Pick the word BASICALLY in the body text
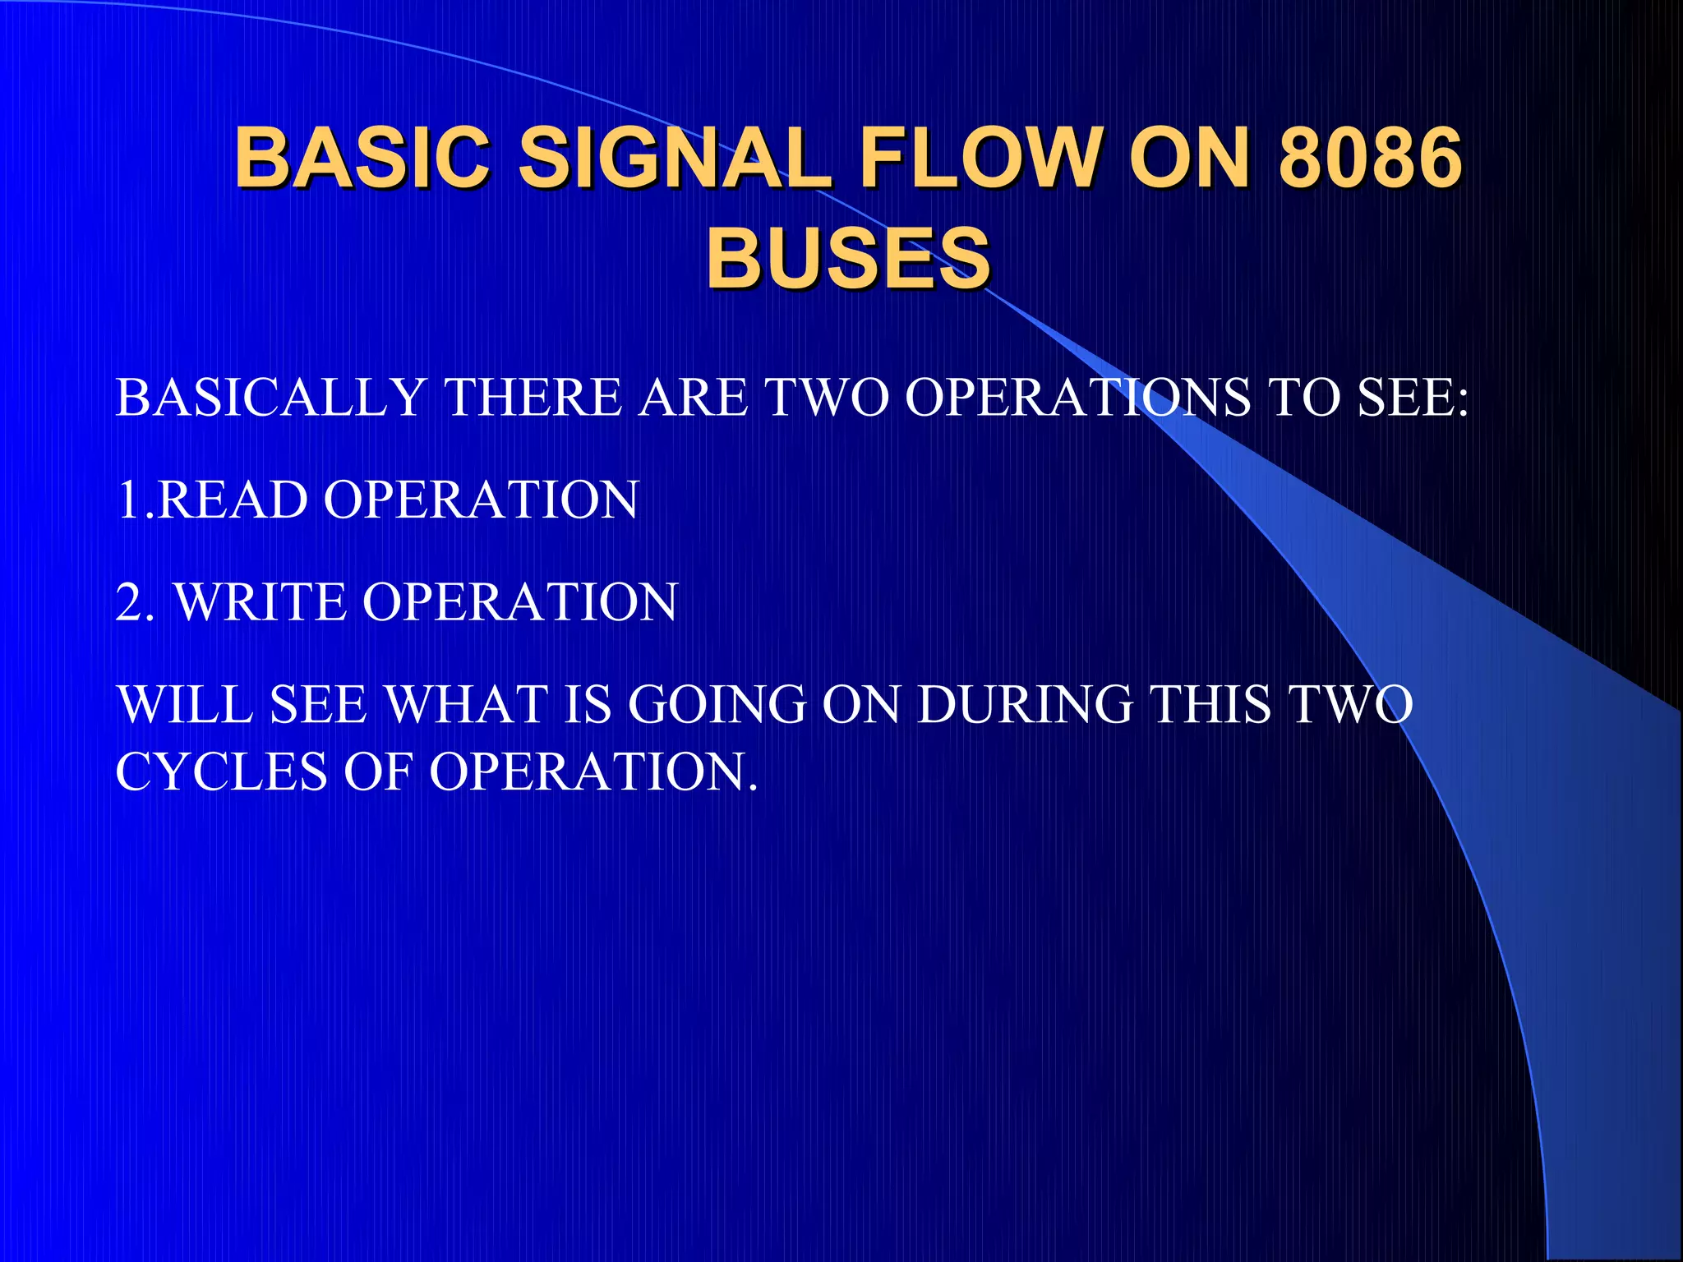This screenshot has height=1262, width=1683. [270, 398]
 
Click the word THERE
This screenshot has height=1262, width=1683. [533, 398]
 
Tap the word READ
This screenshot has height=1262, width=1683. [233, 500]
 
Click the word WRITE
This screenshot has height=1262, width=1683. [261, 601]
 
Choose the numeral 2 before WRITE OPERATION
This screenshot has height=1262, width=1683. [129, 601]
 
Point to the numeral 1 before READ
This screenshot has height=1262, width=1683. [128, 500]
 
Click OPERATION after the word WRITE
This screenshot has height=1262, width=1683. [519, 601]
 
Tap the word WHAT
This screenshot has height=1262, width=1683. [466, 704]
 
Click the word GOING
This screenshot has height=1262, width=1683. [717, 704]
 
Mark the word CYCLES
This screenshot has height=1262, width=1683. [221, 771]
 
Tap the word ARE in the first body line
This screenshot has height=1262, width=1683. [694, 398]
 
